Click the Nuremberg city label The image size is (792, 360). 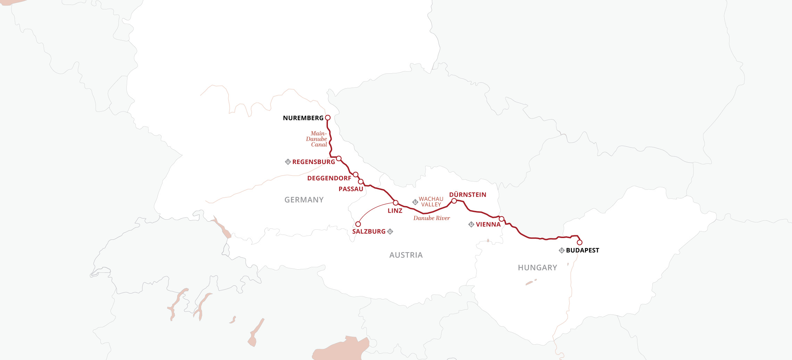(303, 118)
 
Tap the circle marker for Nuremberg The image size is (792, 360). (328, 118)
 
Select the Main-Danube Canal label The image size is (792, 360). (317, 139)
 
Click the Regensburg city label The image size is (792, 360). (313, 162)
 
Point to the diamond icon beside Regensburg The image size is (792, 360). (288, 162)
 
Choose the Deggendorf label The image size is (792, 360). (329, 178)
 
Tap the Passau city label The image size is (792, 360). (350, 189)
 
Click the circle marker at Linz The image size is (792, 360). (395, 203)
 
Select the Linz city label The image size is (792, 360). (395, 211)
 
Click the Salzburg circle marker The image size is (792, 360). (358, 224)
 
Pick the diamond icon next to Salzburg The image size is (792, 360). (390, 231)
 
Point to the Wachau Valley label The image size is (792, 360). (431, 202)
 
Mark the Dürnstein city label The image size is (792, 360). (468, 195)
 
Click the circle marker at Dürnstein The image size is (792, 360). (454, 201)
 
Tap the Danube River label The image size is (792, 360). (431, 218)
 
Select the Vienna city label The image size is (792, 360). (488, 224)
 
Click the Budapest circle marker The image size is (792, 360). (579, 243)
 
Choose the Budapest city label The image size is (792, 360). (582, 251)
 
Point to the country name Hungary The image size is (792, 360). (537, 268)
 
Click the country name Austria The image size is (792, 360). (406, 255)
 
